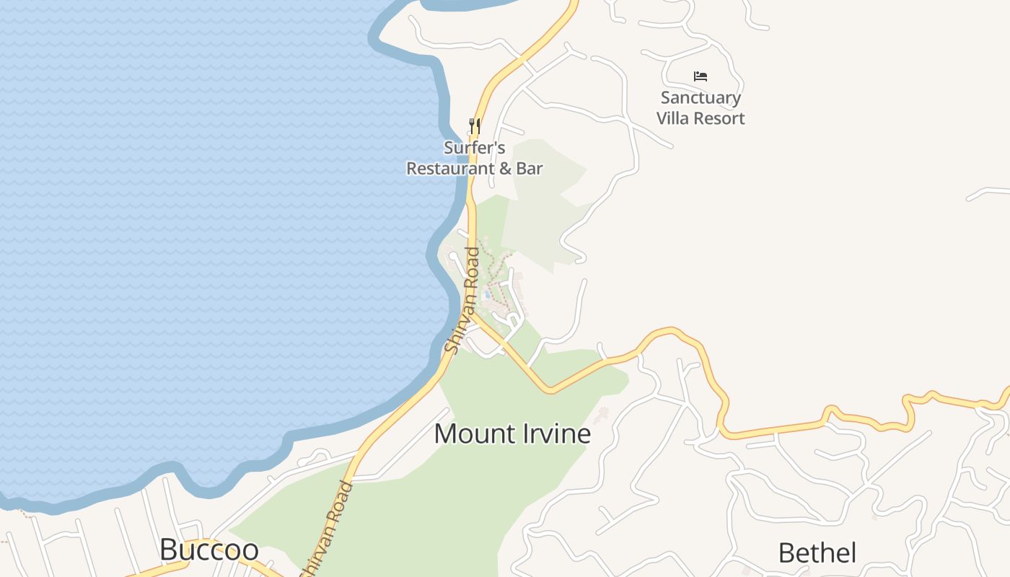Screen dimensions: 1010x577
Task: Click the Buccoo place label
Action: tap(208, 550)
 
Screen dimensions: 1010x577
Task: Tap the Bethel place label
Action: tap(817, 553)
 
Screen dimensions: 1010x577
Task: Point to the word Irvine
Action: tap(557, 433)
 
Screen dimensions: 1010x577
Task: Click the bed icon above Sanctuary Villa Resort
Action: tap(700, 76)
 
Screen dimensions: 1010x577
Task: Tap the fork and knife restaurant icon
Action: tap(474, 126)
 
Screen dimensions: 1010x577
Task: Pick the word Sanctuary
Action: tap(701, 98)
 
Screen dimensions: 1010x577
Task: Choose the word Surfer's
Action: tap(474, 148)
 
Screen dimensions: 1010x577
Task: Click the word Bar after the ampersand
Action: tap(529, 169)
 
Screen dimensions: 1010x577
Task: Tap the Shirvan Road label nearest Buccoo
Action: tap(335, 530)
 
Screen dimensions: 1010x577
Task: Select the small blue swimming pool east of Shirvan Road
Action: tap(488, 294)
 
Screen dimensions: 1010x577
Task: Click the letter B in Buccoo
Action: tap(168, 550)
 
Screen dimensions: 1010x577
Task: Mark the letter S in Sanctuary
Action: tap(665, 98)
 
